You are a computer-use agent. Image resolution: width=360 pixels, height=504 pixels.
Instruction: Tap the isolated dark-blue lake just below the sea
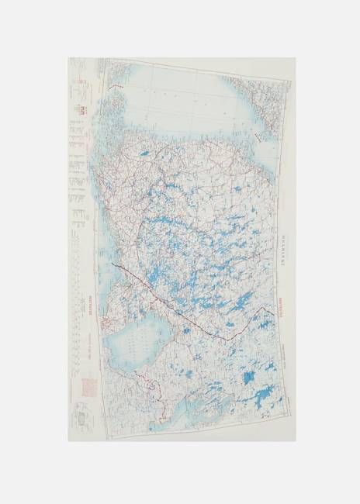144,158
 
